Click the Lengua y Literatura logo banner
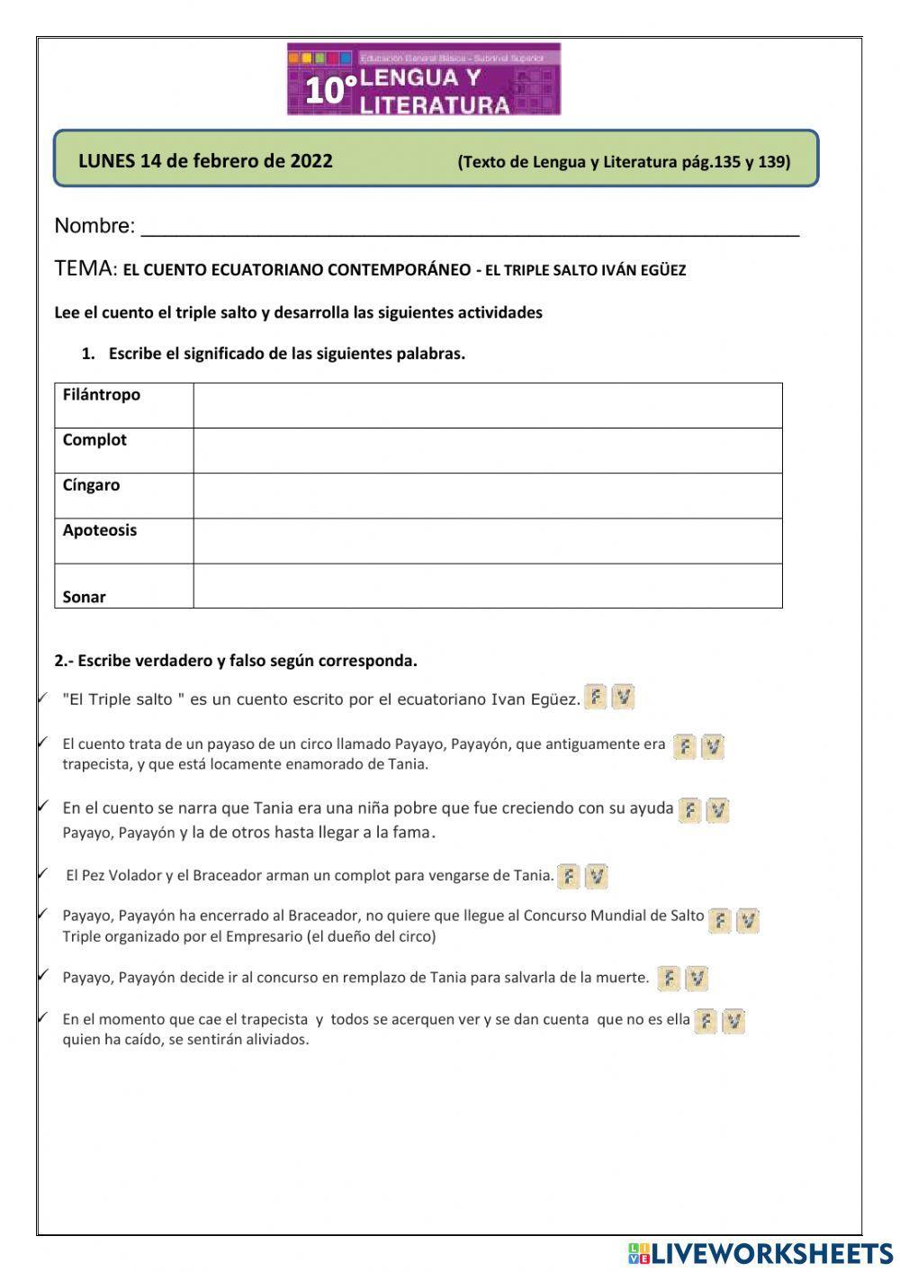tap(424, 79)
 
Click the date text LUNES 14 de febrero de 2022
tap(205, 161)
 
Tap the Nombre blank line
tap(470, 227)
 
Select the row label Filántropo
tap(102, 395)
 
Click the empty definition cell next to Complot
tap(487, 450)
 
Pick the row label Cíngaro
tap(91, 485)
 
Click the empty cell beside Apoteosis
tap(487, 541)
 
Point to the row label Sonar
tap(85, 597)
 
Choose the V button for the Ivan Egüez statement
tap(623, 698)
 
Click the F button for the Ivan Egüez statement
tap(595, 698)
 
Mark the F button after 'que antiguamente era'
tap(685, 747)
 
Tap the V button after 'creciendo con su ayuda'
tap(717, 810)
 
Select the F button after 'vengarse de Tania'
tap(568, 876)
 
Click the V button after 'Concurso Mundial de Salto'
tap(747, 920)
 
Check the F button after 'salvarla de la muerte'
tap(668, 979)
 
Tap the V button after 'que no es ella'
tap(733, 1021)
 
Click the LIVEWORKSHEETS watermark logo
tap(760, 1253)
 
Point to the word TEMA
tap(85, 268)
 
